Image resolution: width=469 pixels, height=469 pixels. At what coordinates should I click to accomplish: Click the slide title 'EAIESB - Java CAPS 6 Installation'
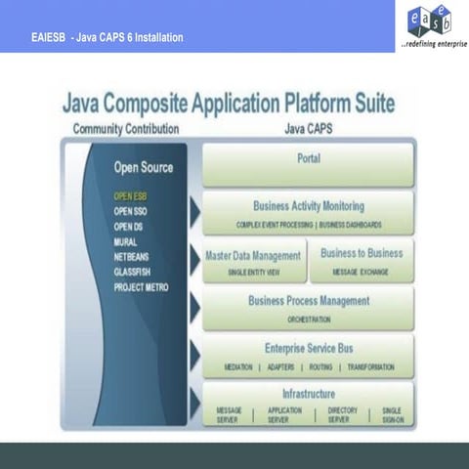(x=107, y=37)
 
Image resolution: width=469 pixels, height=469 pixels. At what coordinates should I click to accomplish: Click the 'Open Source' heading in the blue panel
(x=143, y=167)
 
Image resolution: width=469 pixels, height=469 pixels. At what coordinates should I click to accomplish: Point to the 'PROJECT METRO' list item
(x=143, y=287)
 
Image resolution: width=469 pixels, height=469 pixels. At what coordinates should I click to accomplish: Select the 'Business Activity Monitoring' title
(x=308, y=206)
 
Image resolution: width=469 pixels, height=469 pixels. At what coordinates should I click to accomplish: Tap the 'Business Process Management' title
(x=308, y=301)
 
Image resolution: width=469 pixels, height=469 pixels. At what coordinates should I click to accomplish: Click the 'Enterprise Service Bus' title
(x=308, y=348)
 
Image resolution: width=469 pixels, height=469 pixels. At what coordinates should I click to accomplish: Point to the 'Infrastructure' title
(x=308, y=394)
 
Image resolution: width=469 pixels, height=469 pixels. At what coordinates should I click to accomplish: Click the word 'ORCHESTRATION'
(x=308, y=320)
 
